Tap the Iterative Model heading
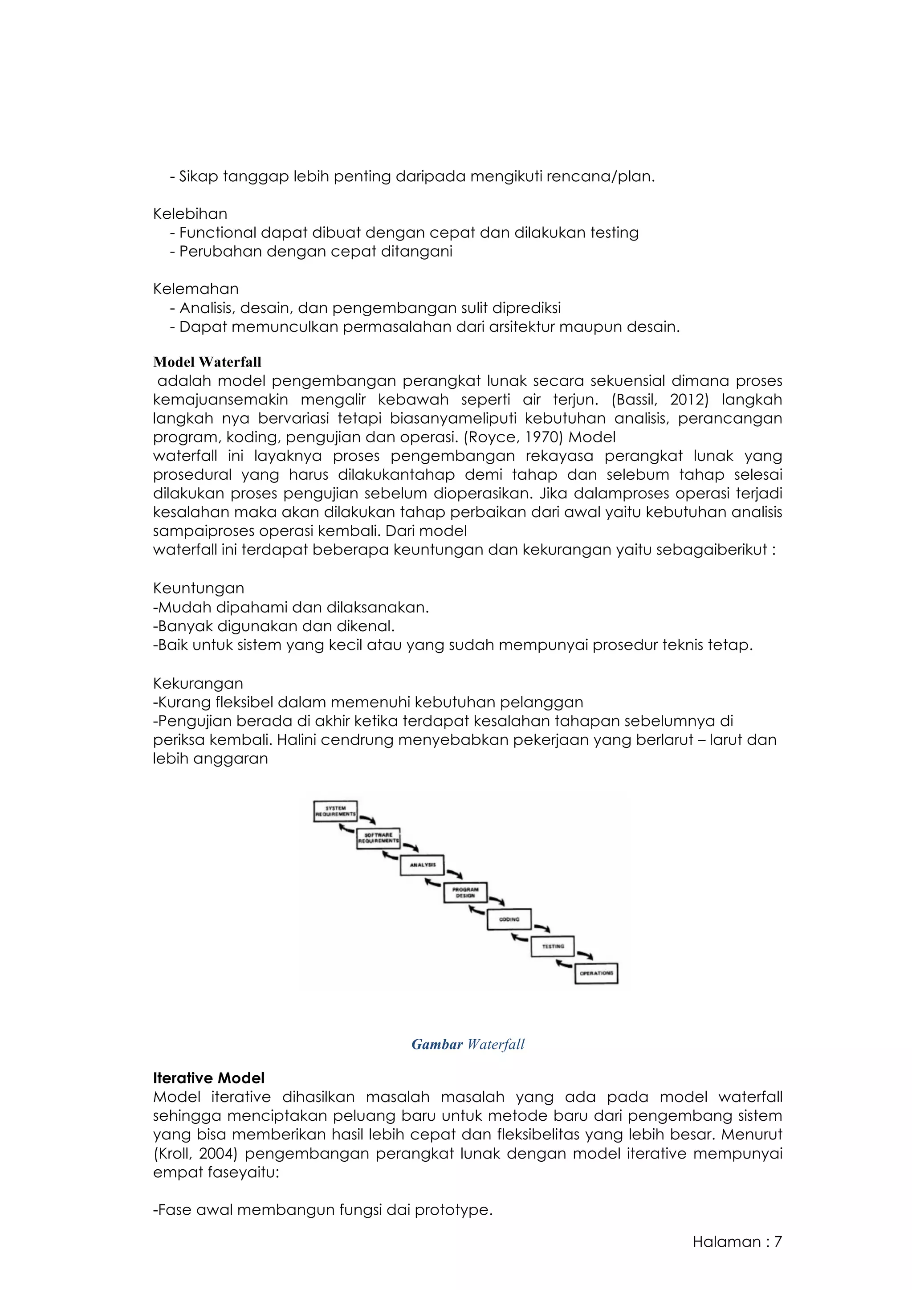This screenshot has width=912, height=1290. tap(208, 1078)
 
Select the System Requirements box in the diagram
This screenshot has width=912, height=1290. tap(335, 811)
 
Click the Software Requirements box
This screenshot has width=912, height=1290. tap(379, 838)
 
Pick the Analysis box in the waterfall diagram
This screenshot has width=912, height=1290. tap(422, 865)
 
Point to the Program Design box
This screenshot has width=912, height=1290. tap(465, 892)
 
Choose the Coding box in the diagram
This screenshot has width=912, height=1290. tap(509, 919)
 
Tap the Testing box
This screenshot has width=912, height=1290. tap(553, 946)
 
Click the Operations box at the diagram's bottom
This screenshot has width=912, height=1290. tap(596, 973)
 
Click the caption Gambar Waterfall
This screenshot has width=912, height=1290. tap(468, 1044)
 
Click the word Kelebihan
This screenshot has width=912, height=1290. tap(190, 213)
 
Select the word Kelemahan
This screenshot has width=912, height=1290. tap(195, 289)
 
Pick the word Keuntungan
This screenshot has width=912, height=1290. tap(198, 588)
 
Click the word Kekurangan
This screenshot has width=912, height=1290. tap(198, 683)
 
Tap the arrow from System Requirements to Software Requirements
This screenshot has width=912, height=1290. tap(368, 819)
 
